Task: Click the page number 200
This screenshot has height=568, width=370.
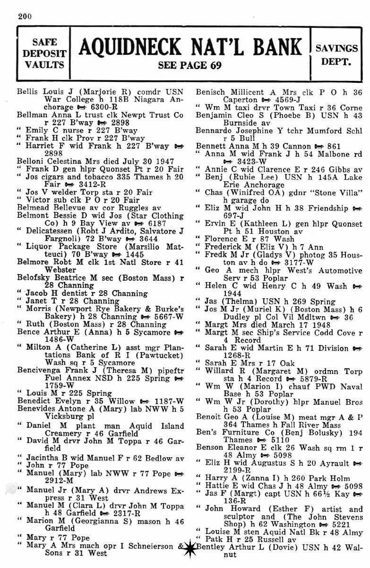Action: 25,16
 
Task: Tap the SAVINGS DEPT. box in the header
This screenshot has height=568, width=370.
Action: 336,54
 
